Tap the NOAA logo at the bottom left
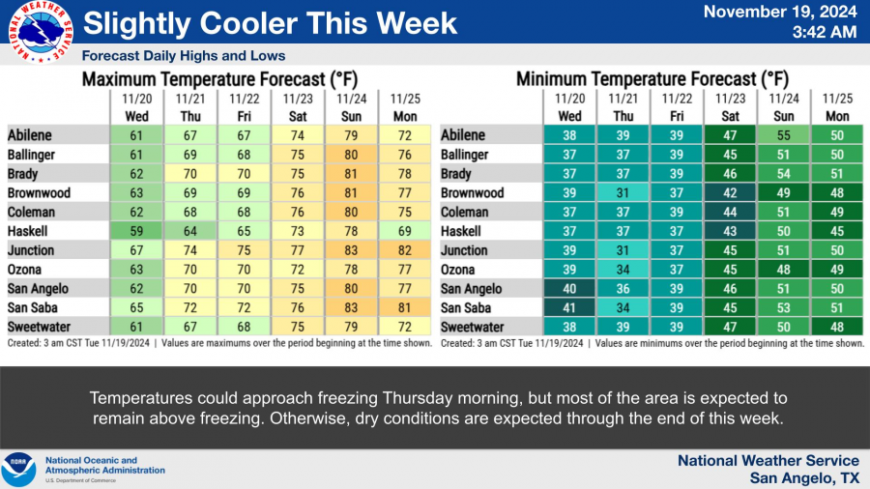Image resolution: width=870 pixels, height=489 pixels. click(18, 470)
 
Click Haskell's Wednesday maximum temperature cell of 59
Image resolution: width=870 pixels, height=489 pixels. click(135, 232)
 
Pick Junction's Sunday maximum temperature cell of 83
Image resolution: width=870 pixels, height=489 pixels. click(350, 251)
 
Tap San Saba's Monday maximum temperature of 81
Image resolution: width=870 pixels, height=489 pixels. click(403, 308)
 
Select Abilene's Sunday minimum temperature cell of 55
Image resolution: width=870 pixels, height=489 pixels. click(783, 136)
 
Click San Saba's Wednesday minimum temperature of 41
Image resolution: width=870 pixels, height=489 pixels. click(569, 308)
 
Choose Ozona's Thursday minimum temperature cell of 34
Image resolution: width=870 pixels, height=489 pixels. click(623, 270)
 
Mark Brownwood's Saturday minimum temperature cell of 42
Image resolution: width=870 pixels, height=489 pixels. click(729, 193)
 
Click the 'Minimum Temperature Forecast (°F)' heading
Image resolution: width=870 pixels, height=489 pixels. click(652, 78)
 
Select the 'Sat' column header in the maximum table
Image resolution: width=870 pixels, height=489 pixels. click(296, 116)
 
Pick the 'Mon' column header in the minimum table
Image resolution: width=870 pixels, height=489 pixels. click(836, 116)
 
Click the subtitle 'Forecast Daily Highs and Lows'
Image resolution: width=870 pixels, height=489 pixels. click(184, 56)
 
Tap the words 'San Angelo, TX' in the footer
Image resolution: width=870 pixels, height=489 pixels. click(804, 478)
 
